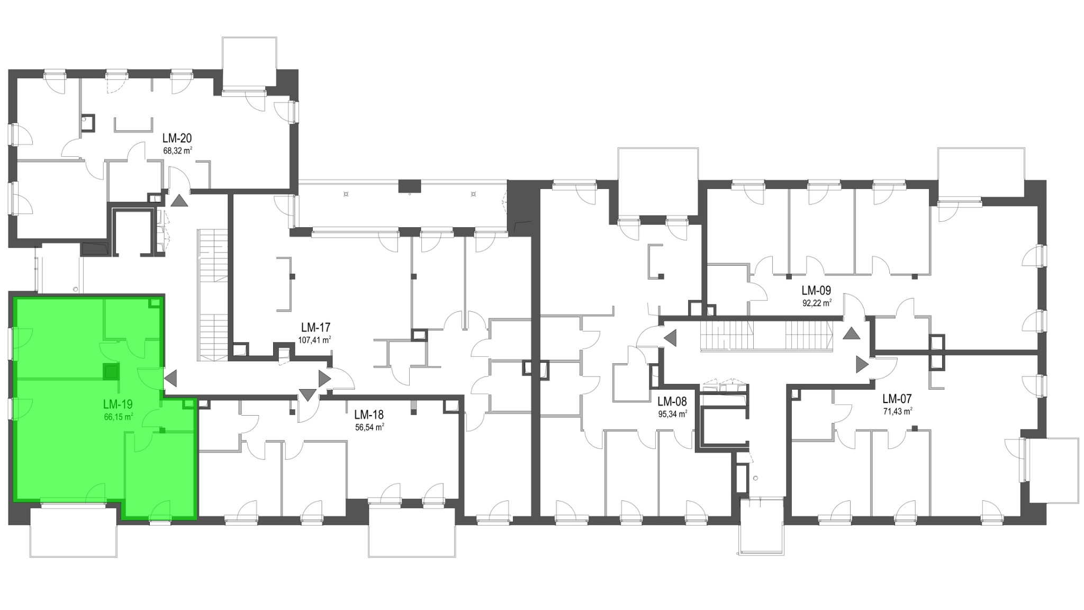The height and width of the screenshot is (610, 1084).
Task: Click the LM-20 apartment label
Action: [x=177, y=139]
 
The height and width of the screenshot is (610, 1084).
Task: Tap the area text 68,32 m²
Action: [x=177, y=150]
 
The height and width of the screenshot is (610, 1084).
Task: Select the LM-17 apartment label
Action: [x=316, y=328]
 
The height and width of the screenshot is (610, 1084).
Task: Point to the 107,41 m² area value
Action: [x=314, y=340]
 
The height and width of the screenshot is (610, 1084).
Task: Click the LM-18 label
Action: [x=369, y=415]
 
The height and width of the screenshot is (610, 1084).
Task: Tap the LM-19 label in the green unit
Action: [x=118, y=405]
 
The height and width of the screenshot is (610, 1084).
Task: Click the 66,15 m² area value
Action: [x=119, y=416]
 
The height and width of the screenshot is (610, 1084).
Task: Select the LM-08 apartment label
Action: [x=672, y=402]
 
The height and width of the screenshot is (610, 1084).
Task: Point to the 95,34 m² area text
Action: [x=673, y=414]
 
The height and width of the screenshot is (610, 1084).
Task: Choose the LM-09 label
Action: [x=816, y=291]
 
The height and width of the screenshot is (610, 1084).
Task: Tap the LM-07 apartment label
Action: [x=897, y=399]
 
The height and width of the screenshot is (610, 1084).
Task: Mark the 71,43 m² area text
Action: [x=898, y=411]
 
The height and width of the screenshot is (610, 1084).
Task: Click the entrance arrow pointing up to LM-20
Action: [x=179, y=201]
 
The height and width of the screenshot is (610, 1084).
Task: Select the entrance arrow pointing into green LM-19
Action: [x=170, y=378]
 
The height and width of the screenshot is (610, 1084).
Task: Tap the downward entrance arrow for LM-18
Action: [x=308, y=395]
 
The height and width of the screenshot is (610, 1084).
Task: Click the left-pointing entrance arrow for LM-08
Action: [x=670, y=337]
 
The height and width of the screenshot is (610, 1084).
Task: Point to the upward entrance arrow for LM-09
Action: [x=852, y=334]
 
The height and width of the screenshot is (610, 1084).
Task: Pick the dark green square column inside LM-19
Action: [x=111, y=372]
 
